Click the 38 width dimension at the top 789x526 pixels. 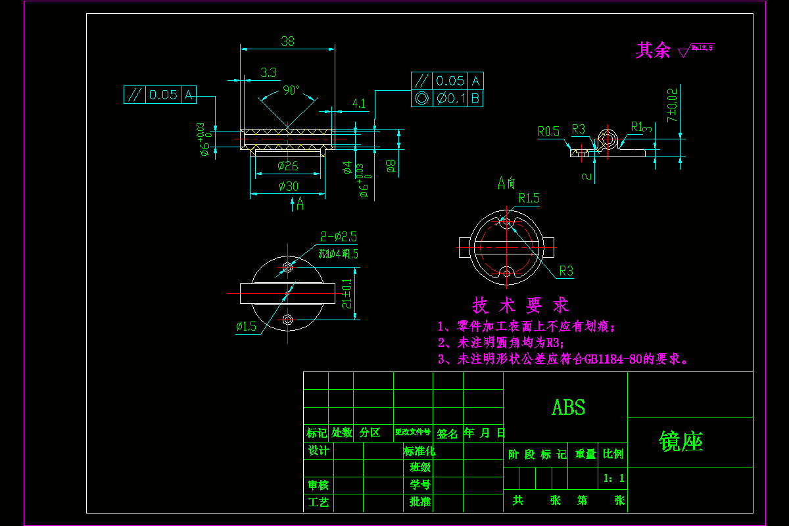pyautogui.click(x=288, y=41)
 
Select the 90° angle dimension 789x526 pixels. pyautogui.click(x=291, y=90)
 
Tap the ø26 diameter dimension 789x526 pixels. pyautogui.click(x=288, y=165)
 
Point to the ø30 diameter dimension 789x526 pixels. pyautogui.click(x=288, y=186)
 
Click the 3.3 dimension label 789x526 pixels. pyautogui.click(x=268, y=72)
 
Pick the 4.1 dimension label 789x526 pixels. pyautogui.click(x=359, y=103)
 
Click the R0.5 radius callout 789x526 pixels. pyautogui.click(x=548, y=131)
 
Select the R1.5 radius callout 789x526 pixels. pyautogui.click(x=529, y=197)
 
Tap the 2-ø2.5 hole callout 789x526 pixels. pyautogui.click(x=339, y=237)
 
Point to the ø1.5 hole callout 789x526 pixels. pyautogui.click(x=246, y=326)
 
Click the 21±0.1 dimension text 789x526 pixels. pyautogui.click(x=347, y=293)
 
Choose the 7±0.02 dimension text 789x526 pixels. pyautogui.click(x=671, y=105)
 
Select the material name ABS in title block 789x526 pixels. pyautogui.click(x=568, y=408)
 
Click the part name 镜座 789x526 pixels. pyautogui.click(x=681, y=442)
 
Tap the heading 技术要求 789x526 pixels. pyautogui.click(x=521, y=305)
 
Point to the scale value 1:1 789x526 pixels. pyautogui.click(x=613, y=478)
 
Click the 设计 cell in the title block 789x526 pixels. pyautogui.click(x=318, y=450)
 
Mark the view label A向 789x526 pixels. pyautogui.click(x=506, y=183)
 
